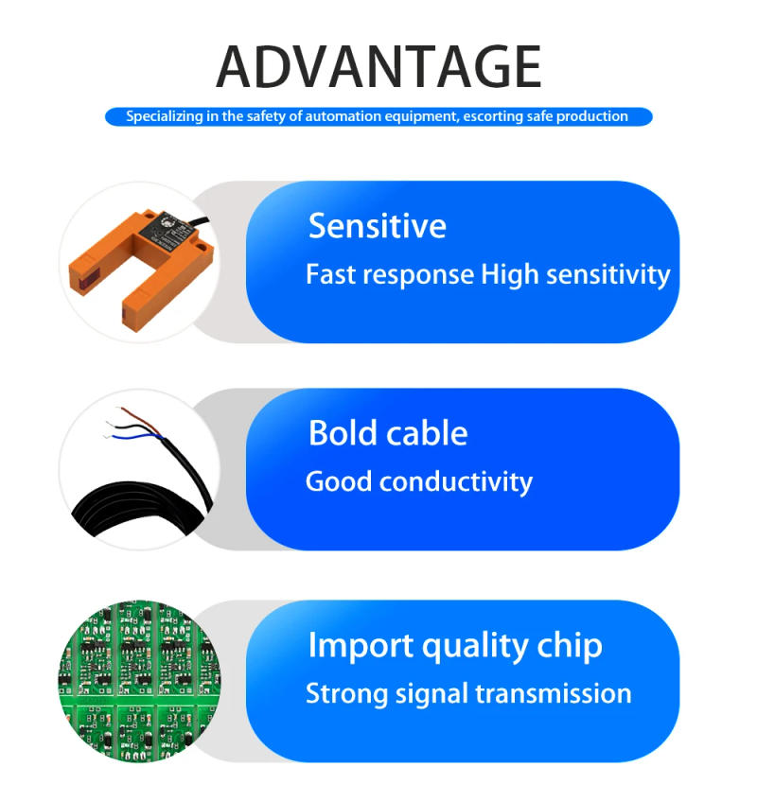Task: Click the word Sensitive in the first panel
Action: [377, 226]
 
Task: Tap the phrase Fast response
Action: [389, 275]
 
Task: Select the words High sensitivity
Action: [575, 275]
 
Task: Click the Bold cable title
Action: [388, 433]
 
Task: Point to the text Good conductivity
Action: [418, 481]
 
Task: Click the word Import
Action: [361, 646]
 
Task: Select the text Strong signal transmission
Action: [468, 693]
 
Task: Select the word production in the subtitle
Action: [592, 116]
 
